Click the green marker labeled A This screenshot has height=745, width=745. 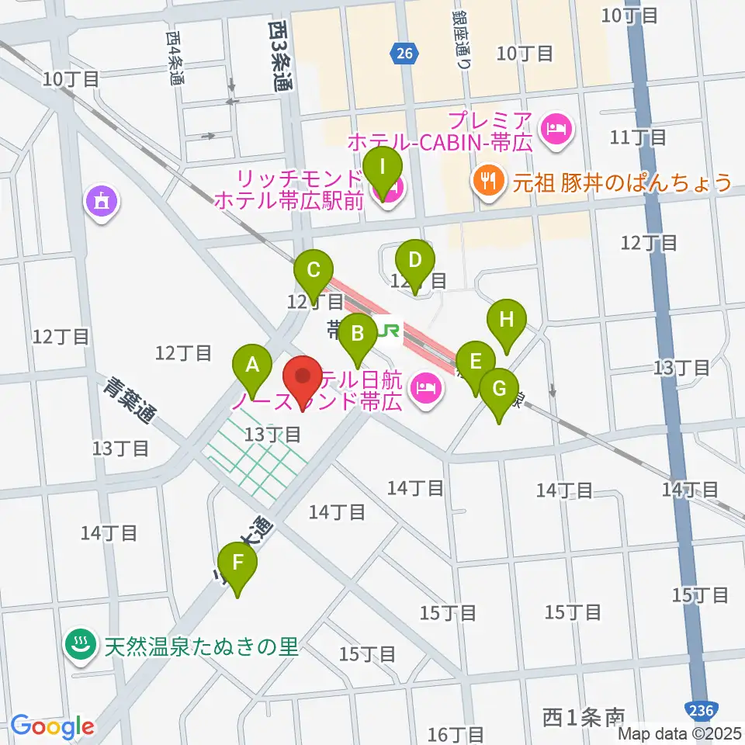(x=252, y=364)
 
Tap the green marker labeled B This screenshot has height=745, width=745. (x=358, y=334)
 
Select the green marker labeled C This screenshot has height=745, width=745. (x=314, y=271)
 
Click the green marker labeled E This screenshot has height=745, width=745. (x=476, y=362)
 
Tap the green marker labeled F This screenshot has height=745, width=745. (x=237, y=563)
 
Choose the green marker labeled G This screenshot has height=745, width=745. (x=499, y=387)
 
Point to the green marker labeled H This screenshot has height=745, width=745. (x=506, y=320)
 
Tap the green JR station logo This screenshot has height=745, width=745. (x=388, y=331)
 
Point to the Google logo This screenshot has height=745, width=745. (x=52, y=726)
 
